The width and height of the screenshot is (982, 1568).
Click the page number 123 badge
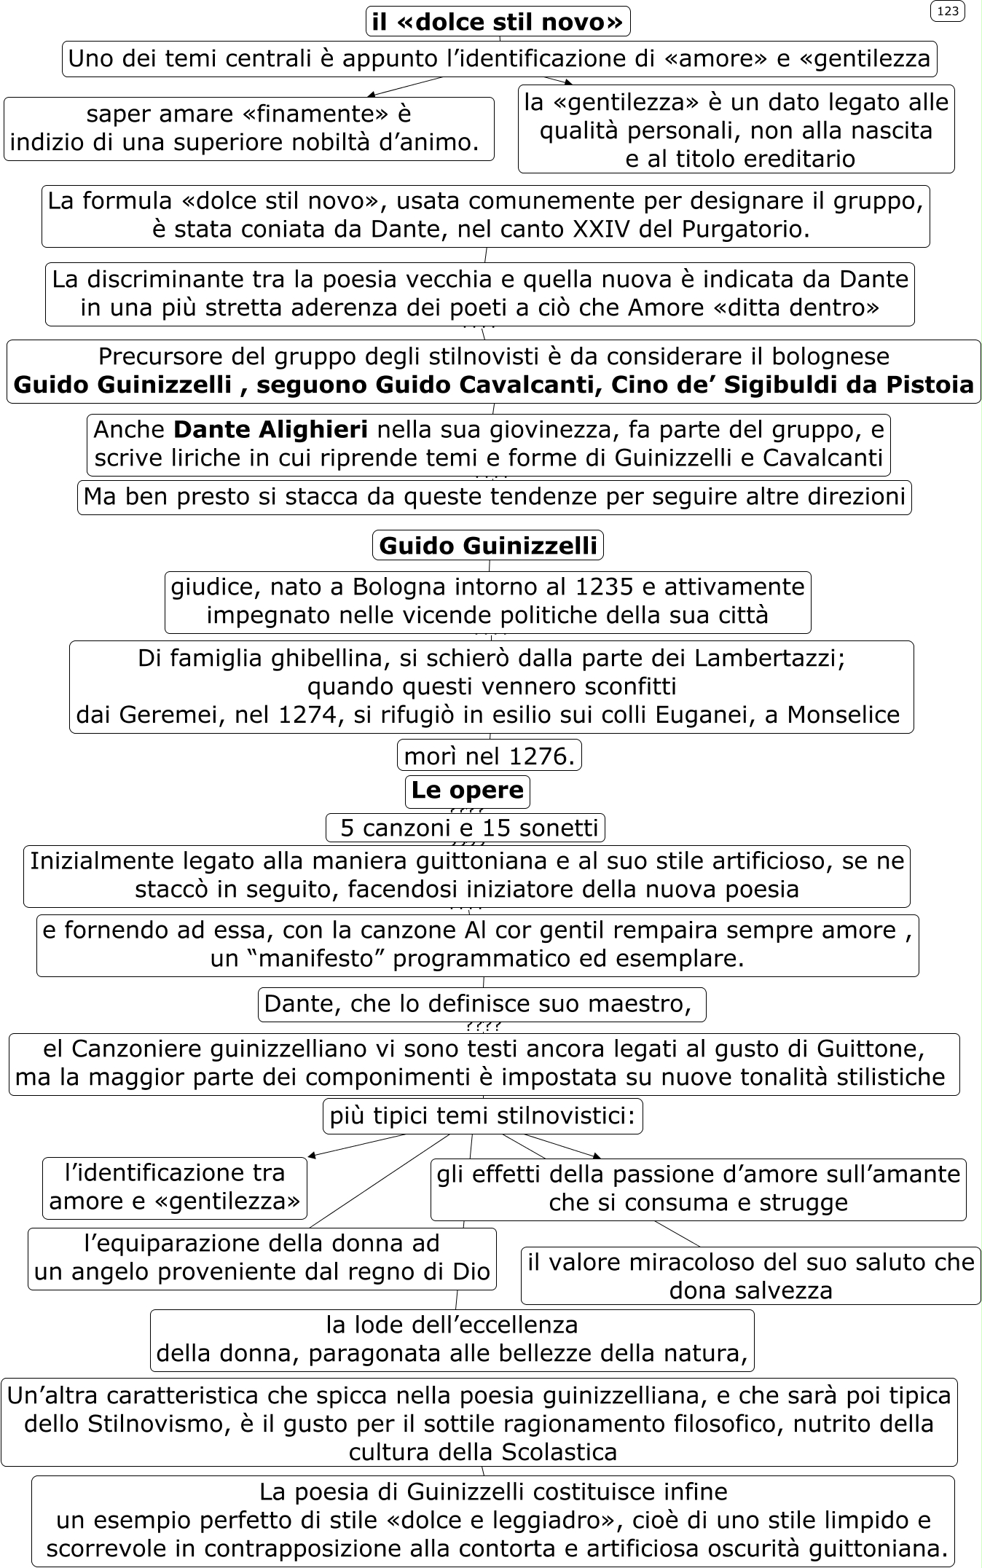tap(947, 11)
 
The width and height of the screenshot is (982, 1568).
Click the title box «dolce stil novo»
tap(498, 22)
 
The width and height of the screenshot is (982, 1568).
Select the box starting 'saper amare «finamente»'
tap(249, 128)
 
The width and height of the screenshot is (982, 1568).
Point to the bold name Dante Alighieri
tap(271, 430)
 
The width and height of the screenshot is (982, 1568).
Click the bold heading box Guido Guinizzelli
tap(488, 545)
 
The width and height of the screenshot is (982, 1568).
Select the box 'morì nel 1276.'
tap(490, 756)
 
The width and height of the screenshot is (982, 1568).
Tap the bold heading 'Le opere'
tap(468, 790)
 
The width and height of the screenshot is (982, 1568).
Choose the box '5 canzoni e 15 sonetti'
tap(466, 828)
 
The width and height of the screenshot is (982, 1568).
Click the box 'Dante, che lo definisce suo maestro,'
tap(482, 1004)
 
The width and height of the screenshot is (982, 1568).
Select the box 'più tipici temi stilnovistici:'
tap(483, 1116)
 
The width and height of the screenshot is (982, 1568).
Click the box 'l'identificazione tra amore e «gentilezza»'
tap(175, 1188)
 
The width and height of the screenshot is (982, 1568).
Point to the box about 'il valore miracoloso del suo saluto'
tap(750, 1277)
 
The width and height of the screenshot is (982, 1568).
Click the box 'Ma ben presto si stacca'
tap(495, 497)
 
